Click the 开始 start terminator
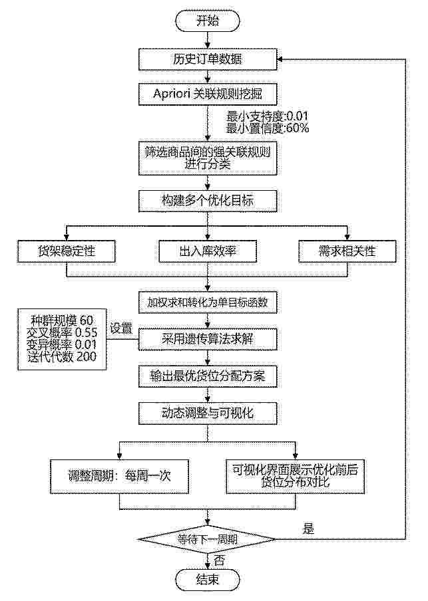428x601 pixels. (208, 21)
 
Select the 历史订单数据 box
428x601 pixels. (208, 59)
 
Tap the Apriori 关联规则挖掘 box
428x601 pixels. (208, 94)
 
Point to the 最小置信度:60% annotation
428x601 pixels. (268, 128)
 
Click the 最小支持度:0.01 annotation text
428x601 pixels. (268, 116)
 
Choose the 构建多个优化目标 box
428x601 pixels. (208, 201)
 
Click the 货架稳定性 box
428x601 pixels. (67, 251)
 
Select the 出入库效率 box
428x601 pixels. (208, 251)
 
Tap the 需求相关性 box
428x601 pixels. (347, 251)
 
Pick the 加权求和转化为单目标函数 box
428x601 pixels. (208, 302)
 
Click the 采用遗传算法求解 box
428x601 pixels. (208, 339)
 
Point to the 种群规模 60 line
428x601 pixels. (62, 320)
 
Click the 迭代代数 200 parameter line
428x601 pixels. (62, 357)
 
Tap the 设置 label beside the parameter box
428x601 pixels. (121, 328)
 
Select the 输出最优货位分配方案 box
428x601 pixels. (208, 376)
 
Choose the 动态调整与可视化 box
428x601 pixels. (208, 414)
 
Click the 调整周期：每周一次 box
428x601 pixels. (119, 477)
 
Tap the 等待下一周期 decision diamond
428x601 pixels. (207, 540)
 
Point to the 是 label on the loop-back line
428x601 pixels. (309, 529)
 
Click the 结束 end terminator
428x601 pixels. (208, 579)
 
